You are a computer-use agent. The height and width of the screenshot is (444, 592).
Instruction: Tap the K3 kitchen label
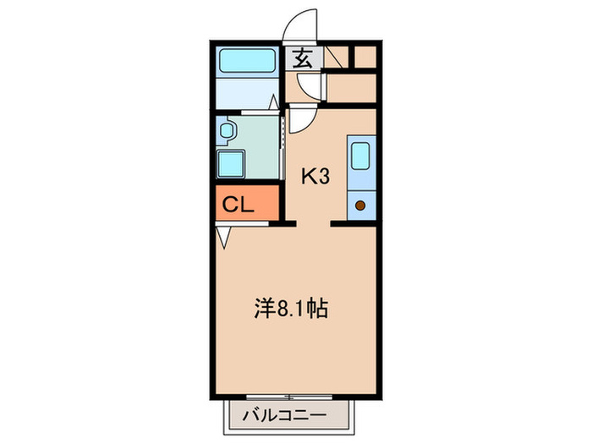click(315, 176)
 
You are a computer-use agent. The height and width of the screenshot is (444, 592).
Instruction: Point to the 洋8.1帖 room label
click(290, 307)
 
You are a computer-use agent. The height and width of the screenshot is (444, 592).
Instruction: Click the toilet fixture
click(227, 131)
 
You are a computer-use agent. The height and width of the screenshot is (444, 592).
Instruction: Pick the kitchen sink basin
click(359, 156)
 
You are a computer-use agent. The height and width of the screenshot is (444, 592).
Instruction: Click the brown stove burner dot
click(360, 204)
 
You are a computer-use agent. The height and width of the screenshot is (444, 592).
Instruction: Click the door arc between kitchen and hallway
click(300, 120)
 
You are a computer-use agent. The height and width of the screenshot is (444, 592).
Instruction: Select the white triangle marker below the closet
click(223, 238)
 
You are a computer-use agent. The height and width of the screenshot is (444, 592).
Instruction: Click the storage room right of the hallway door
click(350, 88)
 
